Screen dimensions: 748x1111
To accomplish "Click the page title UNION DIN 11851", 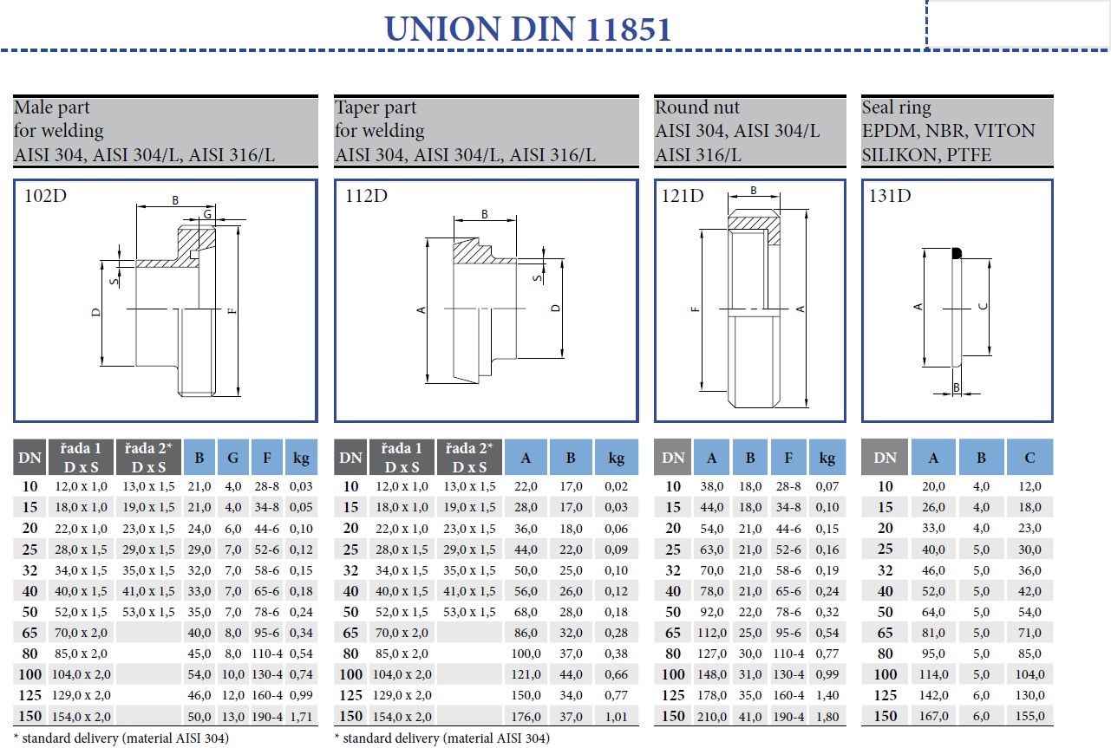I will (x=527, y=29).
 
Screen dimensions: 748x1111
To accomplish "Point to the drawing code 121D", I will (x=683, y=196).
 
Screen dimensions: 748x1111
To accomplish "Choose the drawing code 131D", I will (x=890, y=196).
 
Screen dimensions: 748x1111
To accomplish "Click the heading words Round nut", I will (x=697, y=107).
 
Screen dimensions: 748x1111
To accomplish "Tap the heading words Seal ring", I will (x=896, y=107).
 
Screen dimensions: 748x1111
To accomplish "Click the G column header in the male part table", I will (x=233, y=457).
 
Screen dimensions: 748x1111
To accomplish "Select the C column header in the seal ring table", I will (x=1029, y=457).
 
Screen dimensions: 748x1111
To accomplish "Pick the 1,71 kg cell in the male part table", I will (x=301, y=716).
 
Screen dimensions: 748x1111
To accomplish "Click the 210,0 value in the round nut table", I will (x=711, y=716).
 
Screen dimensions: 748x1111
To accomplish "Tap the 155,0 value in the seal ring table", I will (x=1029, y=716).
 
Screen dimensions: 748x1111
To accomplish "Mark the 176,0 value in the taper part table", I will (x=526, y=716).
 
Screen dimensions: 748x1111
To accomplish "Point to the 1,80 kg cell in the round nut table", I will (x=827, y=716).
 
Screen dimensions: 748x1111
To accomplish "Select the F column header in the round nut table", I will (x=788, y=457).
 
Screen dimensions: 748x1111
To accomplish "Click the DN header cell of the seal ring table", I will (x=885, y=457).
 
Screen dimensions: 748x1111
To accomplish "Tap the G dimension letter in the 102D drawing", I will (x=207, y=214).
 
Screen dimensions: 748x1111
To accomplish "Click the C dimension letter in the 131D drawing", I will (x=981, y=306).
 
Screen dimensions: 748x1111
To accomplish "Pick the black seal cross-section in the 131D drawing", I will (x=957, y=253).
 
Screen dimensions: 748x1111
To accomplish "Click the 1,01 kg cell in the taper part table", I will (x=616, y=716).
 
